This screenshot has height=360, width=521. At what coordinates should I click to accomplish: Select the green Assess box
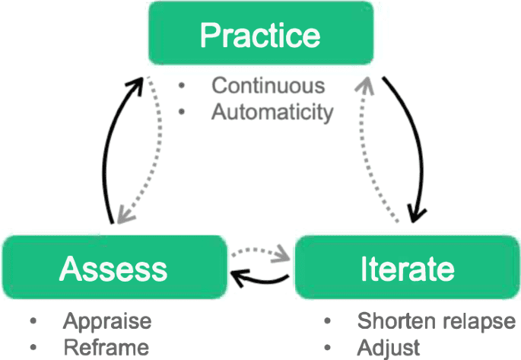[114, 268]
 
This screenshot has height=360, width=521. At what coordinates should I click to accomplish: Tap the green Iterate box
[407, 268]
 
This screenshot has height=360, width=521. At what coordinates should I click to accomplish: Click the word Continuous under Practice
[268, 85]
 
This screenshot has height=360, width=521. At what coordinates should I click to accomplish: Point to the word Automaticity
[272, 112]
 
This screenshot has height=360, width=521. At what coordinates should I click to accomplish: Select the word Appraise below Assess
[107, 320]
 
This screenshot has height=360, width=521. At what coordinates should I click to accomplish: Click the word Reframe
[106, 347]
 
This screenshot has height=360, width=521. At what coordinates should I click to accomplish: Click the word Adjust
[389, 347]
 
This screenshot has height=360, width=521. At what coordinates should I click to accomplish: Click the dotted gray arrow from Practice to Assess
[152, 152]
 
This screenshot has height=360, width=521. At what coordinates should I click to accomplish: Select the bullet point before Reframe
[33, 348]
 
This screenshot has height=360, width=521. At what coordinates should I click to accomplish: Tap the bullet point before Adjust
[328, 348]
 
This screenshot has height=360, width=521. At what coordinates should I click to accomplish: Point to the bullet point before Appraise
[33, 321]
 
